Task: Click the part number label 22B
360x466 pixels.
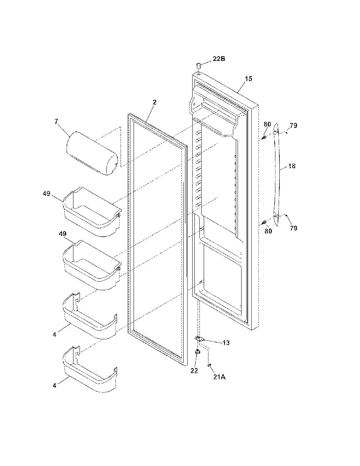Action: coord(219,59)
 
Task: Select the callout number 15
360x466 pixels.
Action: coord(248,79)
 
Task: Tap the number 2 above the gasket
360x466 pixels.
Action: coord(154,102)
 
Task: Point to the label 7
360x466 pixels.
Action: coord(56,121)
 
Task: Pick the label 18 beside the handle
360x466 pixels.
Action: coord(292,166)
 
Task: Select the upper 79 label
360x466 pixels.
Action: coord(293,125)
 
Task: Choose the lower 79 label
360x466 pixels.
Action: coord(293,228)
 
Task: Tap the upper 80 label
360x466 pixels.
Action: coord(267,124)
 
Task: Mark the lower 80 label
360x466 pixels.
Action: coord(268,231)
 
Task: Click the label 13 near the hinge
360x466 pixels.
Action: coord(226,343)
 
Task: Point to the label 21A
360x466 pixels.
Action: coord(220,377)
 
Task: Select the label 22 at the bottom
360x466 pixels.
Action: coord(194,371)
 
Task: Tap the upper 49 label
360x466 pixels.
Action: coord(46,193)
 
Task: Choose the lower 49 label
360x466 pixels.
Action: coord(63,233)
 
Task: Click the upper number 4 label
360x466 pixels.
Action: coord(54,334)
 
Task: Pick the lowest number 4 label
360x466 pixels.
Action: coord(54,385)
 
